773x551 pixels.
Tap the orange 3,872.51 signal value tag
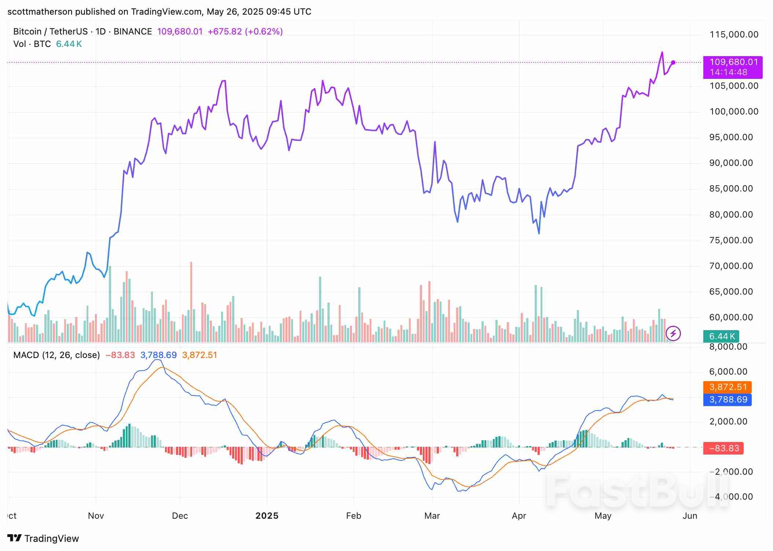point(727,387)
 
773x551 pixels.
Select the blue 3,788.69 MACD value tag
point(727,399)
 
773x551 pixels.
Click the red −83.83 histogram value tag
point(723,448)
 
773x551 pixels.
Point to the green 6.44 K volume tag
point(721,336)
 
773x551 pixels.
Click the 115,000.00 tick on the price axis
point(734,34)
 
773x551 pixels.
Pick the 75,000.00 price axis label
point(731,240)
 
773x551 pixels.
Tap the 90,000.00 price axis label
point(731,163)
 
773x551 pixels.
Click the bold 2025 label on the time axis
point(267,516)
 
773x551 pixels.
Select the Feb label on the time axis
point(353,516)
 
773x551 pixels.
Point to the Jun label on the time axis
point(689,516)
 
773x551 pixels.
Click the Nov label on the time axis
point(96,516)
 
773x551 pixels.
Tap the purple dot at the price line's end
point(673,62)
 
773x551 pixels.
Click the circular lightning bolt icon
point(673,333)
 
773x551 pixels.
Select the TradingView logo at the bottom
point(43,538)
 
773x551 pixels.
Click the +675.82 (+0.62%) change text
point(245,32)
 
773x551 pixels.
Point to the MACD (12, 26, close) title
point(56,355)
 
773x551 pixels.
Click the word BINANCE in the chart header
point(133,32)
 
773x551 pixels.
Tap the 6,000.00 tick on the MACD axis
point(728,372)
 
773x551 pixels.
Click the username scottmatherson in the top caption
point(40,12)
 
